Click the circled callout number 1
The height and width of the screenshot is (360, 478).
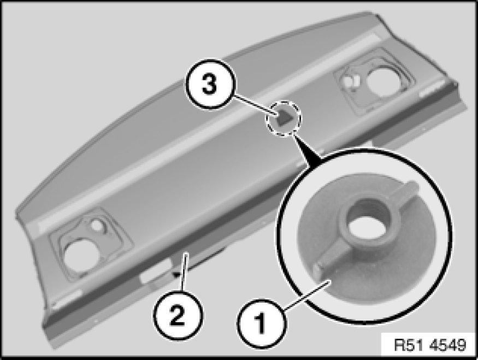coord(261,323)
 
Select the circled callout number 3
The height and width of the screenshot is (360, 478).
coord(210,84)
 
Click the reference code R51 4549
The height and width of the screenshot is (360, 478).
coord(430,345)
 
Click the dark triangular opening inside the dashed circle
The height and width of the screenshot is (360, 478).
coord(285,119)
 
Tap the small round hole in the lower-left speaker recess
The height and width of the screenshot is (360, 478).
coord(97,225)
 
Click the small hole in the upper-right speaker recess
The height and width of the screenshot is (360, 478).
coord(349,80)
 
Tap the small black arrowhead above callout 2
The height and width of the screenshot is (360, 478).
coord(176,275)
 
